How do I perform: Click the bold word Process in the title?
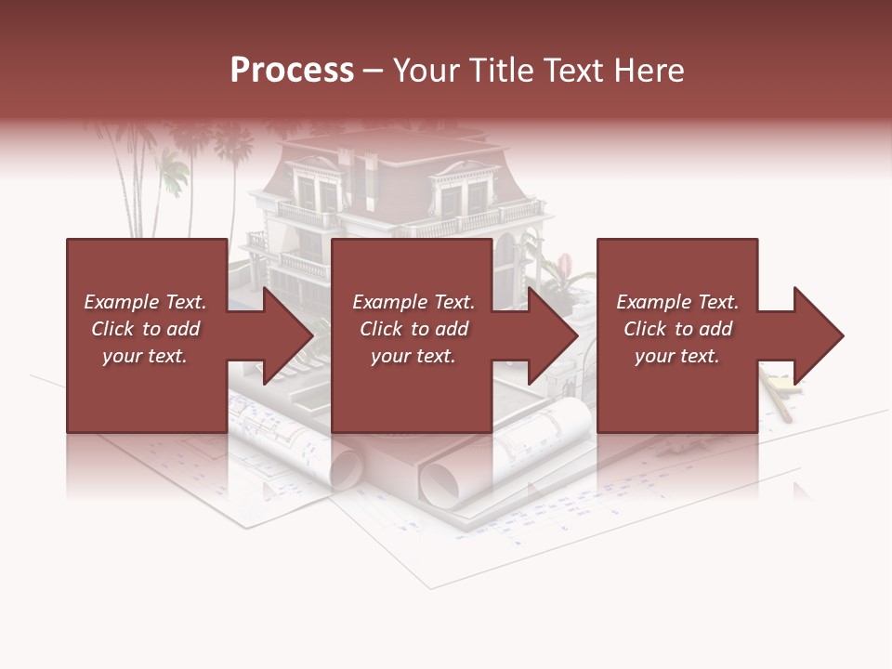[292, 71]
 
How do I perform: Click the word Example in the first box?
[122, 302]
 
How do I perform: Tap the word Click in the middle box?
[381, 329]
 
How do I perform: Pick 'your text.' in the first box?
[145, 356]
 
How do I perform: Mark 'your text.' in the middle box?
[413, 356]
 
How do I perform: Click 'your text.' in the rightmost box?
[676, 356]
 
